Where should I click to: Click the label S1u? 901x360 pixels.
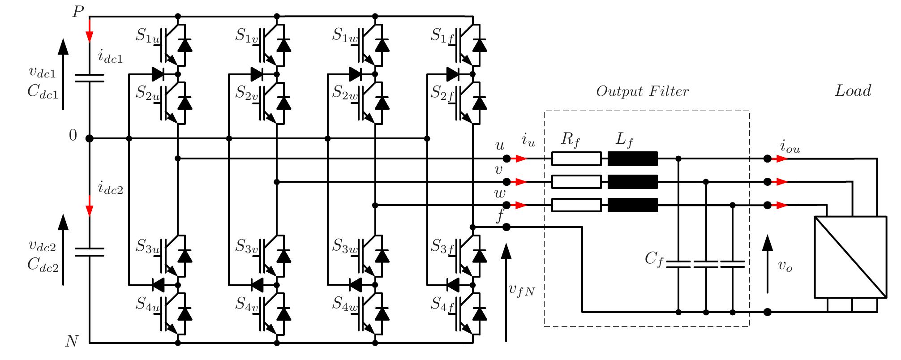(x=147, y=36)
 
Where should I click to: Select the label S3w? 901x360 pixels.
(x=345, y=246)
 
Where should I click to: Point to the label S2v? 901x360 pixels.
(x=247, y=94)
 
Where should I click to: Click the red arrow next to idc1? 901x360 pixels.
(x=90, y=32)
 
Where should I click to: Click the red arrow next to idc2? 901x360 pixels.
(x=90, y=206)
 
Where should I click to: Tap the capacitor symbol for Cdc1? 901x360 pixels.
(x=89, y=78)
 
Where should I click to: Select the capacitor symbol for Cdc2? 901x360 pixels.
(x=89, y=252)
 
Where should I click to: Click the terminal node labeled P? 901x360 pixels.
(x=90, y=17)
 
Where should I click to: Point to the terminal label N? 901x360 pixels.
(x=72, y=342)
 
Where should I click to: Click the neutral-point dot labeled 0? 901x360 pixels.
(x=89, y=138)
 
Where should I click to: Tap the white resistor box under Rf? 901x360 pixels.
(x=576, y=159)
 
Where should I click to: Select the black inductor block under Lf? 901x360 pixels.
(x=632, y=159)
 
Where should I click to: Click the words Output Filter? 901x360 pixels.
(x=642, y=91)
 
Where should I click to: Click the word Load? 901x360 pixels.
(x=853, y=91)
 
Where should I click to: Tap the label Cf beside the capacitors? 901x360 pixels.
(x=654, y=259)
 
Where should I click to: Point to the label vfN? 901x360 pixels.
(x=522, y=290)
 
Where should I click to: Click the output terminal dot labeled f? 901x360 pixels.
(x=506, y=227)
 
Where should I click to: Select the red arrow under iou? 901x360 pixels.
(x=781, y=159)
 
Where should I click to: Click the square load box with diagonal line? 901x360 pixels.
(x=850, y=257)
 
